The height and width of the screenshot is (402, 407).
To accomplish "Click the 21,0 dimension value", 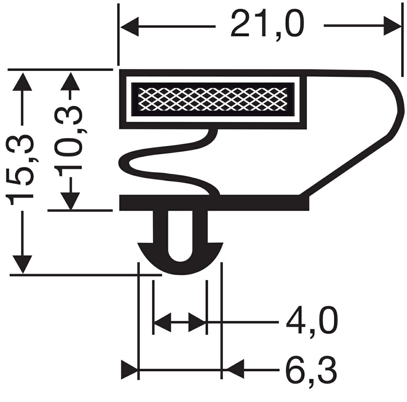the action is point(268,26).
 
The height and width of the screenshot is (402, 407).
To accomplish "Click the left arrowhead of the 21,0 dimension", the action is point(129,26).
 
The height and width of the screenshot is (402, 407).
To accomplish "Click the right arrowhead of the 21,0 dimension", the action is point(392,26).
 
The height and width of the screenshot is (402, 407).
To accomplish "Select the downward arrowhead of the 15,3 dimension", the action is point(22,265).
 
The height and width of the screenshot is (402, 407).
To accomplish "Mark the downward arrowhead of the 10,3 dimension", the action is point(70,201).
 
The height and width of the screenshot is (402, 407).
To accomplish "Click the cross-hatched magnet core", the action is point(213,99).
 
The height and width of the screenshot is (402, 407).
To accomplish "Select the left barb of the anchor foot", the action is point(146,249).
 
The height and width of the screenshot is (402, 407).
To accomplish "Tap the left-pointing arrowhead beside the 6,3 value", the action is point(235,370).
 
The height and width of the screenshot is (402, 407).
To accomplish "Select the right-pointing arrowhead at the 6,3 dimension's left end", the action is point(130,370).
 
